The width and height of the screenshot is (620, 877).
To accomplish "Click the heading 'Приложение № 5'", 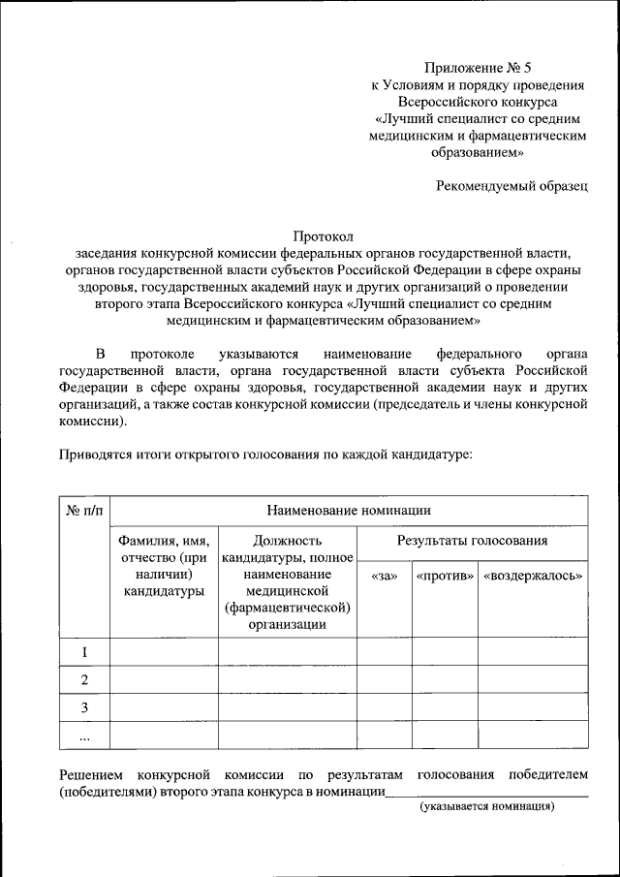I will point(478,68).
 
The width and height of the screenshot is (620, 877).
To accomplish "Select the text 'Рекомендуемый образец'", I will point(511,186).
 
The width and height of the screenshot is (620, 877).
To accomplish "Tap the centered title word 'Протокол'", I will point(324,235).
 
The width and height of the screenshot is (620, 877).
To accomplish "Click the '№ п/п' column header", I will point(84,510).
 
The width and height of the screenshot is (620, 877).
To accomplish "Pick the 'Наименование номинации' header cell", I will point(349,510).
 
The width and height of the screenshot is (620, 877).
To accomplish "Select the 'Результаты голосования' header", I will point(472,541).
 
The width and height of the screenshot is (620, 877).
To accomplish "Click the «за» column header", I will point(385,576).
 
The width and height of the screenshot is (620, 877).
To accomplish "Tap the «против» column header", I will point(445,576).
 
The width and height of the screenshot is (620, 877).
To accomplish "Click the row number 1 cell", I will point(84,651).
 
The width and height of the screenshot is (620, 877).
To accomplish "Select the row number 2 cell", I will point(84,679).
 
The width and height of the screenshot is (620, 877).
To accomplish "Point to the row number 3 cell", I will point(84,707).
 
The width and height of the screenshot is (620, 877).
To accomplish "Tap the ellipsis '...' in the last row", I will point(84,736).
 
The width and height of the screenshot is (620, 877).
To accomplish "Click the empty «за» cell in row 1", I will point(385,651).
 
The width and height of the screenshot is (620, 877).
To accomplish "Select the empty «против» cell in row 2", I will point(445,679).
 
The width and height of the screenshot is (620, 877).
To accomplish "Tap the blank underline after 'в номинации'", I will point(486,794).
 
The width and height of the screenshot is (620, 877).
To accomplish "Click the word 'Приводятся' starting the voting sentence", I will point(94,454).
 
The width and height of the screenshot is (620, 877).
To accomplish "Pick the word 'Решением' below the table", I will point(90,775).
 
